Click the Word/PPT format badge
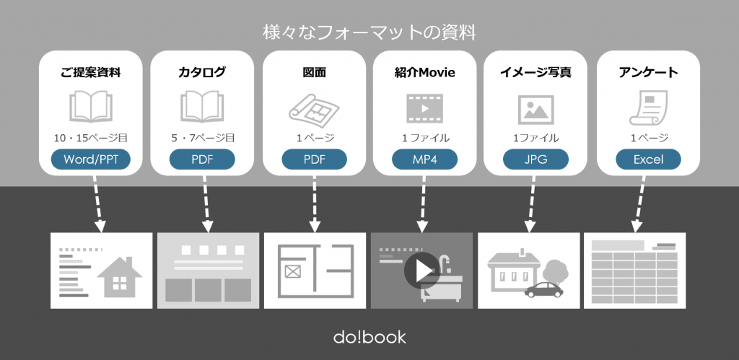90,159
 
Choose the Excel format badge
648,159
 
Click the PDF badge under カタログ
202,159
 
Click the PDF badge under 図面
314,159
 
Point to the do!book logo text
369,337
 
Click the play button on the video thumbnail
421,271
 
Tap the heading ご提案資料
90,72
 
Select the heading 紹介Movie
425,72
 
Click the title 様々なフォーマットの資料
369,32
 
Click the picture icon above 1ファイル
535,110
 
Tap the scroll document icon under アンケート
647,108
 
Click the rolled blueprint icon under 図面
314,108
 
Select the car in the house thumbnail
544,289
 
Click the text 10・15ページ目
90,137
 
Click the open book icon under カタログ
202,107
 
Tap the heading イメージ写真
535,72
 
